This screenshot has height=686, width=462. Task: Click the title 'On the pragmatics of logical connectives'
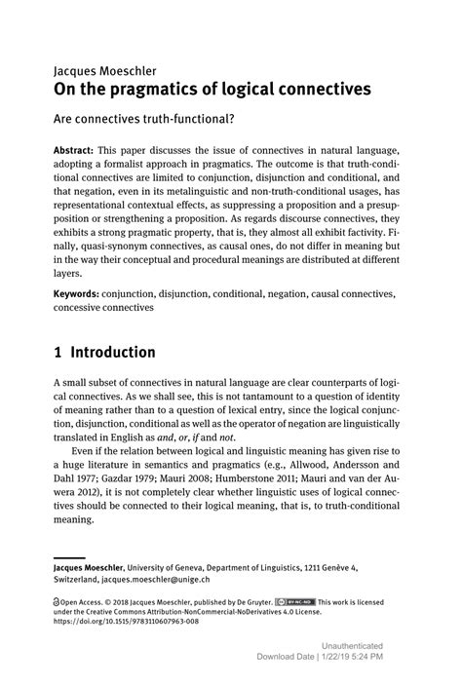pyautogui.click(x=212, y=90)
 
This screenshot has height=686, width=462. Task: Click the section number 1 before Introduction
pyautogui.click(x=58, y=352)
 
